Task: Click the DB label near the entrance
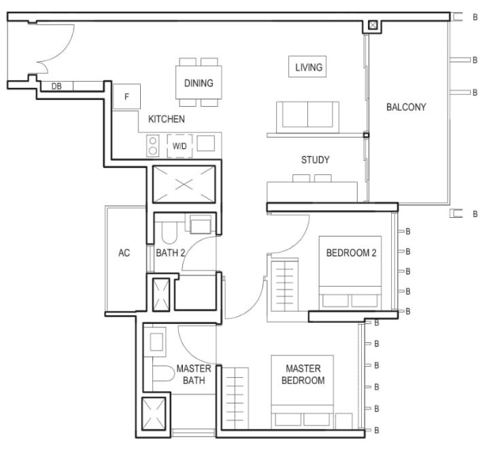coord(56,86)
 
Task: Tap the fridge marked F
coord(127,97)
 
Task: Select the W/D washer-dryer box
coord(180,146)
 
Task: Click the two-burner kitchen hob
coord(153,146)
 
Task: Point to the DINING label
coord(199,83)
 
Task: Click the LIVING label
coord(309,67)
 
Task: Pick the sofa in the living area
coord(307,117)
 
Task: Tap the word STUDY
coord(316,160)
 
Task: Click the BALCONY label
coord(406,107)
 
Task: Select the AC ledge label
coord(124,253)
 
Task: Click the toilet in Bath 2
coord(169,233)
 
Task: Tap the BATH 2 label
coord(170,253)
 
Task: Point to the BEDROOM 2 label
coord(351,253)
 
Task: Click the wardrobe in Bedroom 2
coord(285,285)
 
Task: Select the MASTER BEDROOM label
coord(303,374)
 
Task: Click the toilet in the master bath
coord(164,373)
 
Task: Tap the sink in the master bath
coord(156,342)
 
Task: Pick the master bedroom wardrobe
coord(235,398)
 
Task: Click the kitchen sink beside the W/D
coord(206,143)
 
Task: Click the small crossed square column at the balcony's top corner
coord(373,25)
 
